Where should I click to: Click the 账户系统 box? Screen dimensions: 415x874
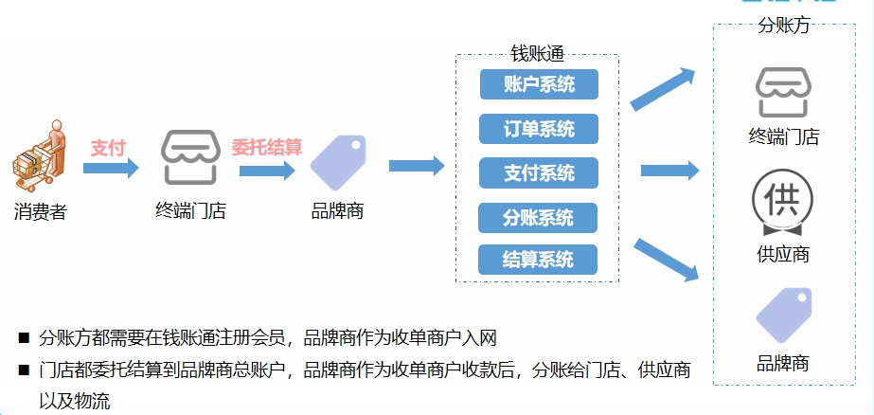tap(539, 84)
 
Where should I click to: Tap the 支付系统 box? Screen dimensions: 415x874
tap(539, 172)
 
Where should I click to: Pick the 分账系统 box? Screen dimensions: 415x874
tap(539, 217)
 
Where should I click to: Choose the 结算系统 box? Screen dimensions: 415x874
tap(539, 260)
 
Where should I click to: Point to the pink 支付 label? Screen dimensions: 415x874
tap(108, 148)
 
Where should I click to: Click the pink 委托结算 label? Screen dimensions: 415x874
tap(267, 148)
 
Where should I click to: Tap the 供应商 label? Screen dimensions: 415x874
tap(783, 254)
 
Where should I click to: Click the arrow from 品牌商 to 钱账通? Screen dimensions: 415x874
tap(417, 166)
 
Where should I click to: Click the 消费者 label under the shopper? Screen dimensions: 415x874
tap(41, 211)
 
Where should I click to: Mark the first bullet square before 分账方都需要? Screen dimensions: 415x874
tap(23, 337)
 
